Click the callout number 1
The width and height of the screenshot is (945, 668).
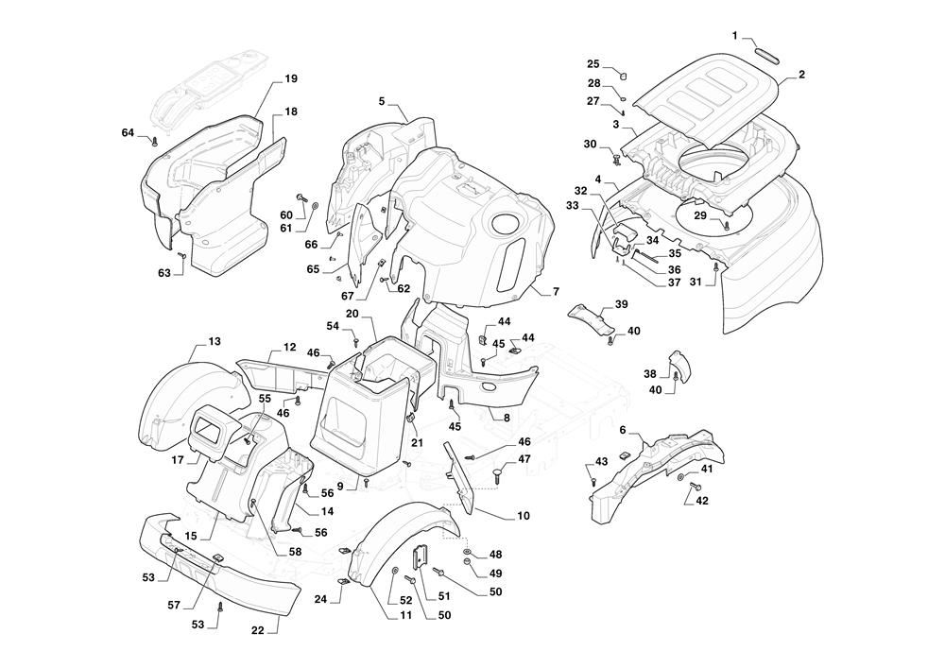point(735,36)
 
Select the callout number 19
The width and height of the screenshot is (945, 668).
point(290,77)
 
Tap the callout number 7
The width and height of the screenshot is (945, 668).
point(556,291)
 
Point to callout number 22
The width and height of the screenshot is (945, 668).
point(257,631)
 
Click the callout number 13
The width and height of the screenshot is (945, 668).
point(215,340)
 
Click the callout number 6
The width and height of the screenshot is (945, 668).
point(623,430)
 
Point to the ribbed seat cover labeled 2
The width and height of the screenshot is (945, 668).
point(709,94)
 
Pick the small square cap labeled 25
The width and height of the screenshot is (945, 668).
point(624,71)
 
